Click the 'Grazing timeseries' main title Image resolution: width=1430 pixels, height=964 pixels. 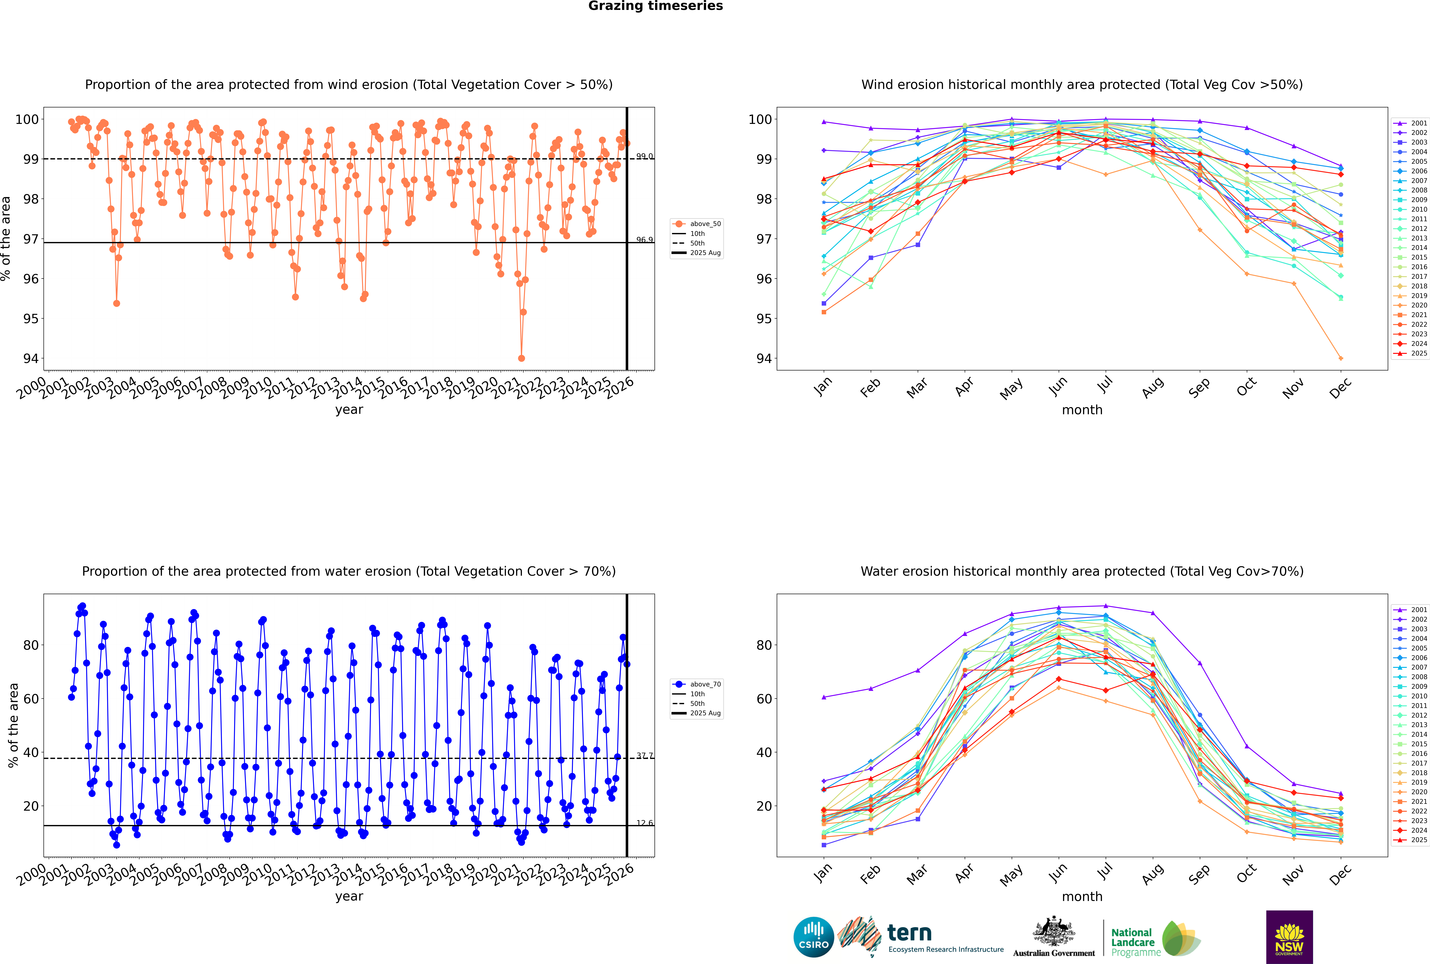click(655, 6)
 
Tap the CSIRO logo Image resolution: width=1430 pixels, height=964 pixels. click(813, 937)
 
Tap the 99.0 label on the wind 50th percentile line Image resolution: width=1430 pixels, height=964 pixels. click(644, 156)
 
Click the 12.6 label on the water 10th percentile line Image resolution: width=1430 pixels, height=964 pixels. click(644, 823)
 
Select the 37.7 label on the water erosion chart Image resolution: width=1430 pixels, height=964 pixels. click(644, 756)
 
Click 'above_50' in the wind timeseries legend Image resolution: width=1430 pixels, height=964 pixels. click(705, 224)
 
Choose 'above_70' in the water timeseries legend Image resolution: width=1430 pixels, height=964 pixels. click(705, 684)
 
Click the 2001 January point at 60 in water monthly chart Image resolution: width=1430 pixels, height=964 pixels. click(824, 697)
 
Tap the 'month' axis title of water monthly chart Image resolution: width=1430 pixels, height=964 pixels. click(1082, 896)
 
